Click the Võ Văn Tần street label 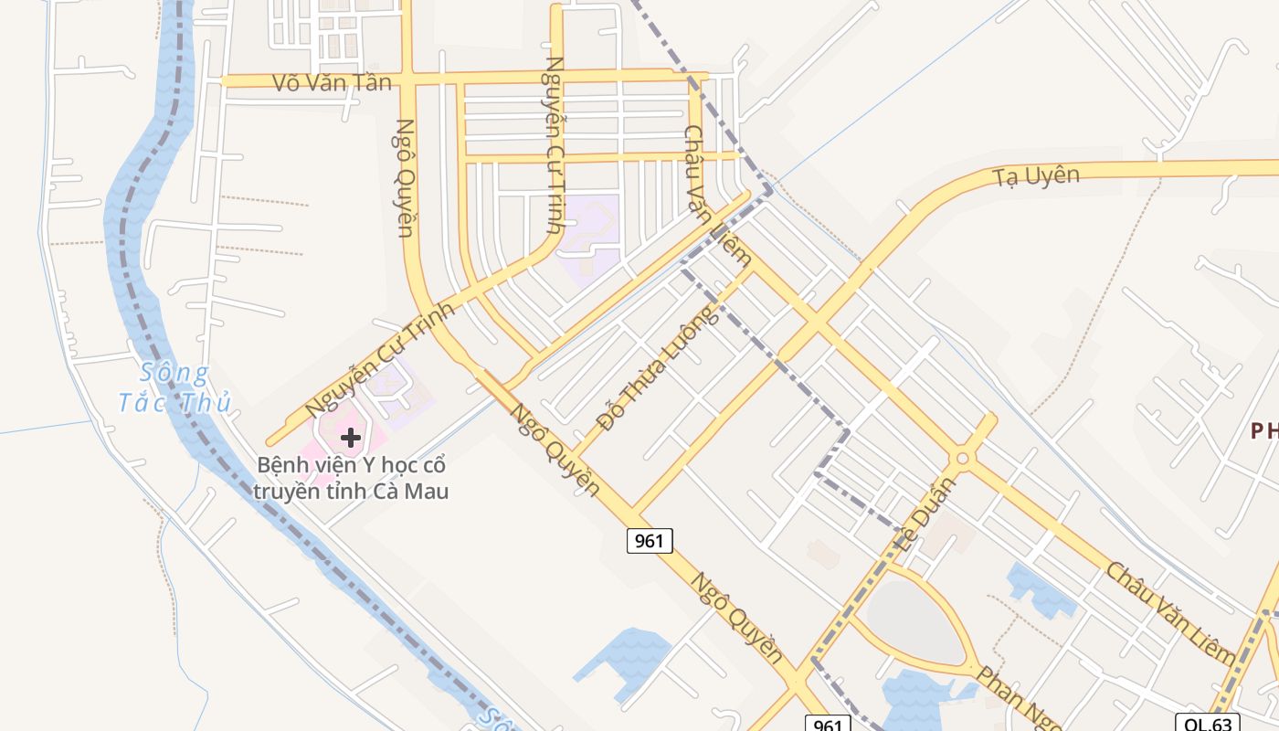[332, 82]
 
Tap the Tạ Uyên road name [1037, 175]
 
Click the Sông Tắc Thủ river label [174, 387]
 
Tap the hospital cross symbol [351, 438]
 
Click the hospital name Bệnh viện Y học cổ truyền [352, 478]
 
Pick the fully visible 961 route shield [650, 540]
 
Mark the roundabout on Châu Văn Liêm [962, 458]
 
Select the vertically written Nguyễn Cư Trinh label [553, 144]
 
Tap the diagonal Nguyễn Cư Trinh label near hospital [379, 359]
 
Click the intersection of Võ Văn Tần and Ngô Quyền [407, 80]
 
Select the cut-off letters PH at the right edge [1264, 430]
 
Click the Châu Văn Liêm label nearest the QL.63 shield [1170, 613]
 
